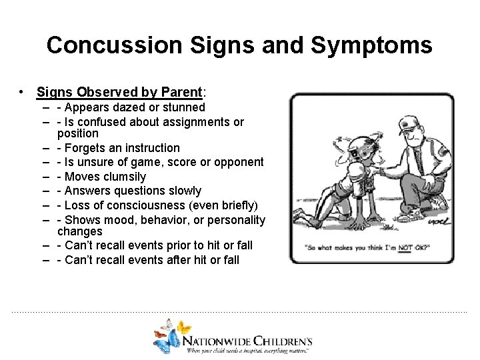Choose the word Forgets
86,148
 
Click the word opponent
238,162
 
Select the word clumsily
123,177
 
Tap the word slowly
182,191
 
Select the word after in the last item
168,260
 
